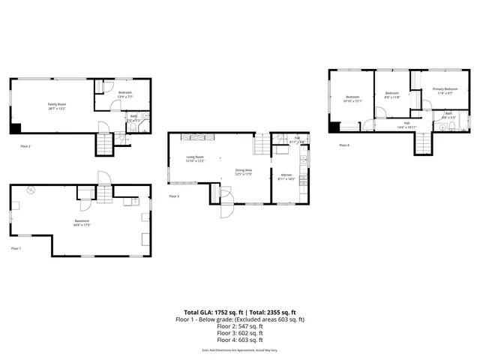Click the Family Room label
tap(57, 104)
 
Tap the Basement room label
tap(82, 220)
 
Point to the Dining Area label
tap(244, 170)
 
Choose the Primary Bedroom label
tap(445, 89)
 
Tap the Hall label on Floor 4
tap(406, 123)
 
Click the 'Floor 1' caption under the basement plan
tap(16, 248)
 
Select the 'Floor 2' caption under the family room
tap(25, 146)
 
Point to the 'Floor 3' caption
tap(174, 196)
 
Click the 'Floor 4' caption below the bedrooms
tap(344, 145)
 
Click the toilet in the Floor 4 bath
tap(443, 128)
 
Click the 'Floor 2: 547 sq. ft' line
tap(240, 326)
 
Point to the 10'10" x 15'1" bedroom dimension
tap(352, 101)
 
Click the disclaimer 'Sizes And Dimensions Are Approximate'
tap(240, 350)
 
